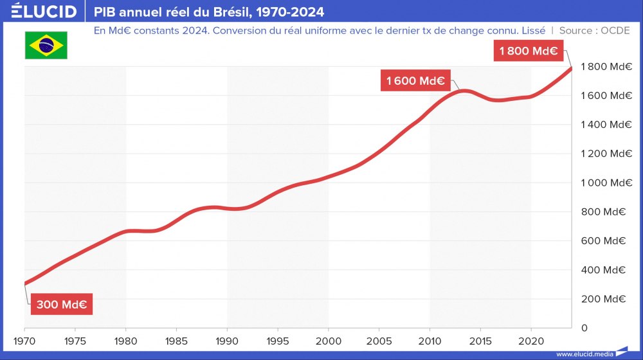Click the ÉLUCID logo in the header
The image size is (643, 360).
pos(44,12)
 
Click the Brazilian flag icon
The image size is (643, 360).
pos(46,45)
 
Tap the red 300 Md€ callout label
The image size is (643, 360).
pos(62,305)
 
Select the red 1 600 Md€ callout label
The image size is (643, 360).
pos(415,81)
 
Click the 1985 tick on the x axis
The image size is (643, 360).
pos(176,340)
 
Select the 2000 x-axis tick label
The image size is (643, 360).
pos(328,340)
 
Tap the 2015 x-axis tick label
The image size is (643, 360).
pos(480,340)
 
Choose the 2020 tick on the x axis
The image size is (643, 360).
pos(530,340)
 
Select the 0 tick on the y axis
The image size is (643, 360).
pos(584,328)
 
